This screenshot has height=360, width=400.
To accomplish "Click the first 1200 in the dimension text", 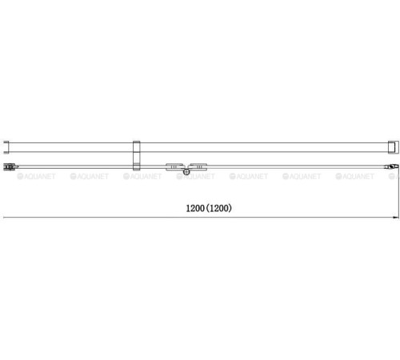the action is click(195, 208).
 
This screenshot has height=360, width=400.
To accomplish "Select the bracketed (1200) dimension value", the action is click(219, 208).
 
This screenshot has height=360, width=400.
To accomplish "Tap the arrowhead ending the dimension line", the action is click(396, 218).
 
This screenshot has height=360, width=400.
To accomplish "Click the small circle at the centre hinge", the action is click(186, 172).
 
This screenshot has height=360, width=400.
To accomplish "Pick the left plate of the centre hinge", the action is click(174, 166).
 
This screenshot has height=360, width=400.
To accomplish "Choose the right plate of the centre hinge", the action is click(198, 166).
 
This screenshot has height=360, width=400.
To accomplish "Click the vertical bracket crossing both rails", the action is click(137, 155).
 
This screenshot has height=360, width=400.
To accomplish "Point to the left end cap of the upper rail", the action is click(6, 147).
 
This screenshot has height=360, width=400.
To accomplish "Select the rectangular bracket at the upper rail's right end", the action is click(394, 147).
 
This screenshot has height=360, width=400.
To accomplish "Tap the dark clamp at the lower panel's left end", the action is click(9, 167).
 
